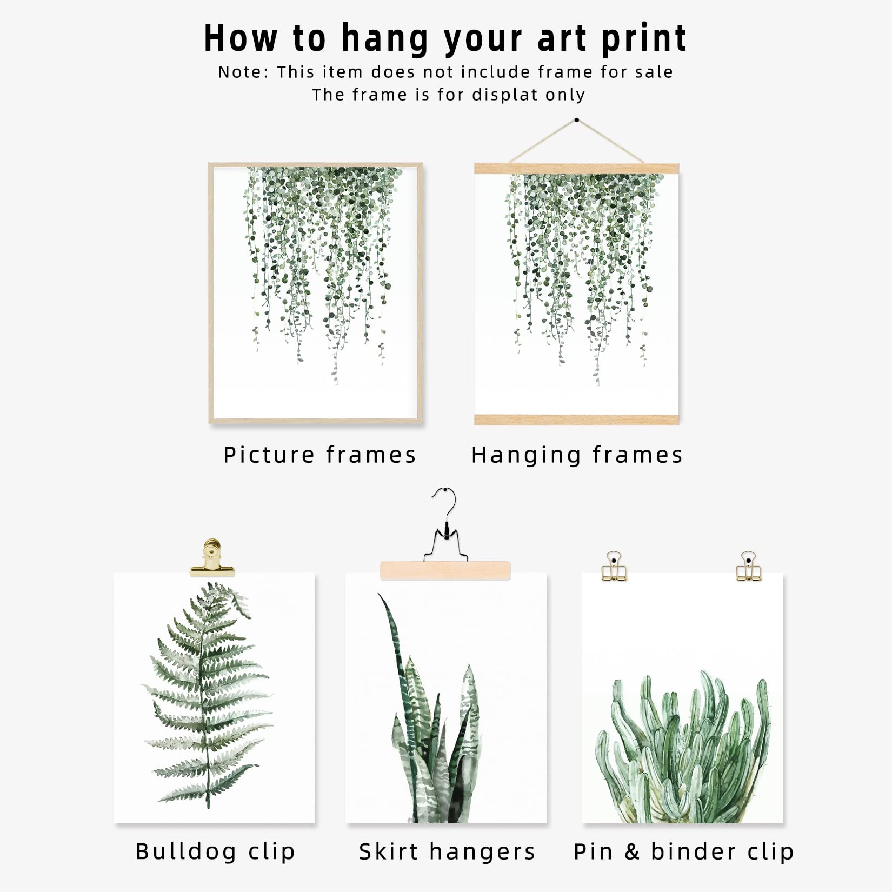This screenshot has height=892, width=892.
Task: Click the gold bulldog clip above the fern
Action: pos(212,558)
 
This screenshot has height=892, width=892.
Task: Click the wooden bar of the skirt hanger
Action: pos(445,570)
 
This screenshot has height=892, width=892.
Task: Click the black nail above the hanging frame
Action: pos(577,120)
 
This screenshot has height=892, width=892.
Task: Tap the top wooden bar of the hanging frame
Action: pos(576,168)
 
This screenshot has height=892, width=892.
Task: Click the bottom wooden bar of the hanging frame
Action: pos(576,419)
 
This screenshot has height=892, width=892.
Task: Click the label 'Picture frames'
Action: pos(319,455)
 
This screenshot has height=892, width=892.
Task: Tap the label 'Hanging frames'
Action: pos(577,455)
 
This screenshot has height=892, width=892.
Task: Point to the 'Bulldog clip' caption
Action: pos(215,851)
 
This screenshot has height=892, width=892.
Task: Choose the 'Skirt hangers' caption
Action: pos(447,851)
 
